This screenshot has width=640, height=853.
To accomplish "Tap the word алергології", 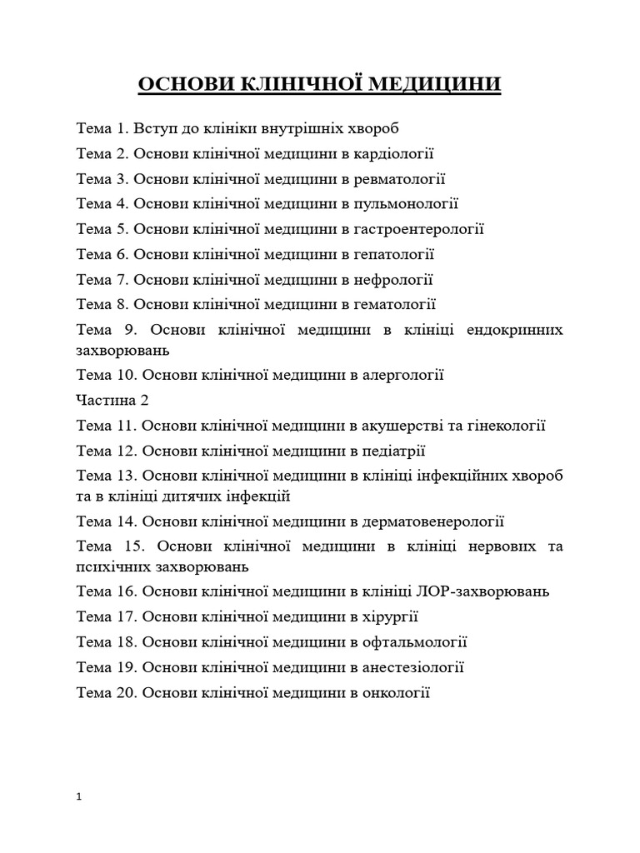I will [x=402, y=375].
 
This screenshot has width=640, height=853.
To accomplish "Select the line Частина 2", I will [x=112, y=400].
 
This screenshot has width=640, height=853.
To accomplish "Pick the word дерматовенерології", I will [x=433, y=522].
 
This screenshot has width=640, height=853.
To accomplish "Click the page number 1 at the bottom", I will [x=78, y=797].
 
